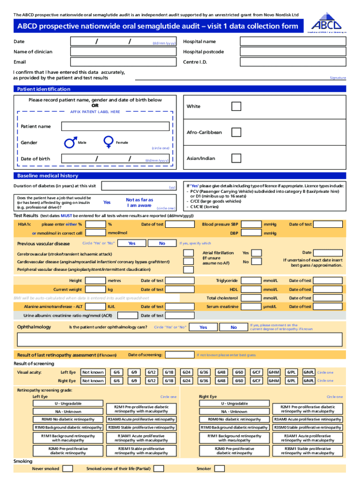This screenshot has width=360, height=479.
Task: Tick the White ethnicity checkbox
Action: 237,106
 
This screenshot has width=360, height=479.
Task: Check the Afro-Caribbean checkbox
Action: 237,132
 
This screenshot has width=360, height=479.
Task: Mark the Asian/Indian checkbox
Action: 237,158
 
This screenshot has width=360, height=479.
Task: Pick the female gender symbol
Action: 108,141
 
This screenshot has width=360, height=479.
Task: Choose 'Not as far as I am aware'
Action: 139,203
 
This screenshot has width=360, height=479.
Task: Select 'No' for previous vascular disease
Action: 162,243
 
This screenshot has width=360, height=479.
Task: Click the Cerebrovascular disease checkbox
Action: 188,253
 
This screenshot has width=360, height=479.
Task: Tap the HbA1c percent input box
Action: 96,225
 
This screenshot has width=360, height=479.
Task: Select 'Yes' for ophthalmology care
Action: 203,327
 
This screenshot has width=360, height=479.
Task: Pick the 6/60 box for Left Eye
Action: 239,372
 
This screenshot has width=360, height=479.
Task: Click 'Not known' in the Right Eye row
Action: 93,381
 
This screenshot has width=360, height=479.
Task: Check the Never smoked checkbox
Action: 68,468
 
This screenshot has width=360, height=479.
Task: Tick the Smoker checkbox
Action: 219,468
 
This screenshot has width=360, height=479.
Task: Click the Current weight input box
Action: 96,290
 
